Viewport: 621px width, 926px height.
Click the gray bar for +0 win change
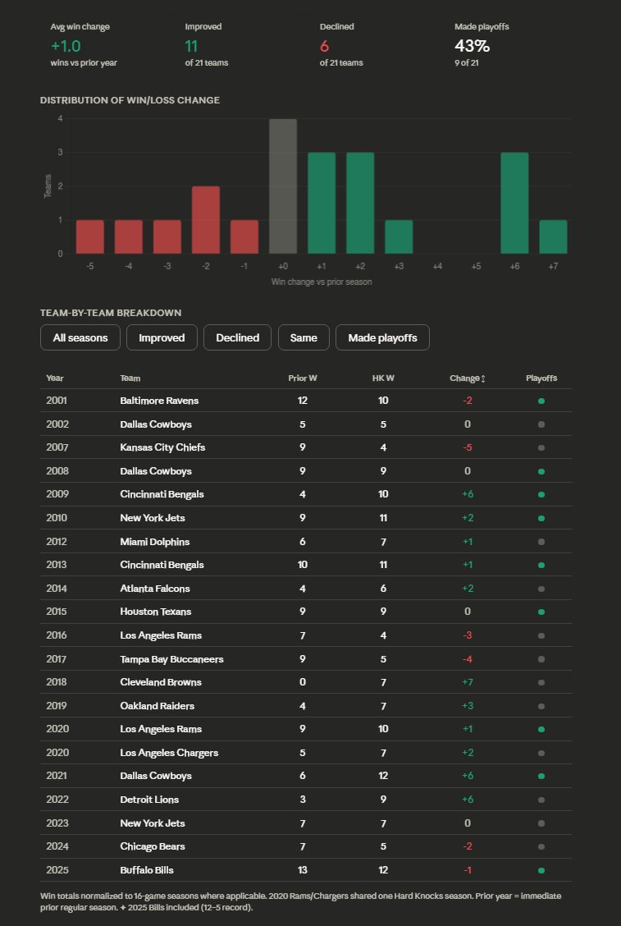[283, 186]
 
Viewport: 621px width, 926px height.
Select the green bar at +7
[553, 236]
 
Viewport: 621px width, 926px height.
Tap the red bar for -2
[206, 220]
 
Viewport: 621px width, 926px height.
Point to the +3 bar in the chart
[399, 236]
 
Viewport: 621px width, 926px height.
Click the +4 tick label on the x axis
[437, 267]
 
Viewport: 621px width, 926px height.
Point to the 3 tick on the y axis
[60, 153]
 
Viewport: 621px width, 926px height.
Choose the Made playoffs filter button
[382, 337]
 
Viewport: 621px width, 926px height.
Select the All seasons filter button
[80, 337]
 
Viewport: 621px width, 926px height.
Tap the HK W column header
[383, 378]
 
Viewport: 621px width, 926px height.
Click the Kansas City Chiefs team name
[162, 447]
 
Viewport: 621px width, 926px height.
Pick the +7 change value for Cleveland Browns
[467, 682]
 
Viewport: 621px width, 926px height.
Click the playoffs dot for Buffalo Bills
[541, 870]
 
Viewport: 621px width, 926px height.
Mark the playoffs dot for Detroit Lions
[541, 800]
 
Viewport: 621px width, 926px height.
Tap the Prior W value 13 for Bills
[303, 870]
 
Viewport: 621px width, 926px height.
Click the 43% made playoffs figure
[472, 46]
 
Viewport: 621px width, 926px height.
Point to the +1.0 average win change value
[66, 46]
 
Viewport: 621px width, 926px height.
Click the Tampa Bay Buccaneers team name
[171, 659]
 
